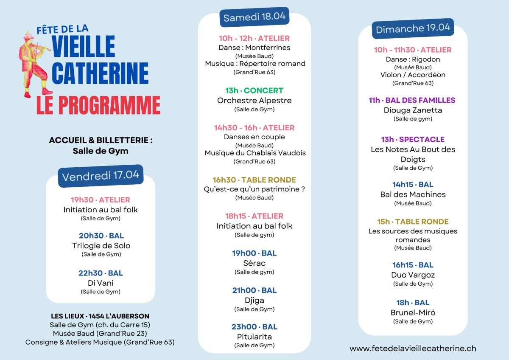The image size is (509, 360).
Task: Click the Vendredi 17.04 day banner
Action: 101,176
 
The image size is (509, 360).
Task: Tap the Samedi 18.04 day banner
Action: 255,17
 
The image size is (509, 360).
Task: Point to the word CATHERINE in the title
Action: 100,73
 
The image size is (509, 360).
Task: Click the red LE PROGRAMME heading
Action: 98,105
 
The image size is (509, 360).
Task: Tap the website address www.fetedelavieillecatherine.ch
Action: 413,348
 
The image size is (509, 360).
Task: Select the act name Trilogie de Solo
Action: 101,245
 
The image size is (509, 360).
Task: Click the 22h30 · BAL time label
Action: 101,273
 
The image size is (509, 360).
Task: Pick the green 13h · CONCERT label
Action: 254,90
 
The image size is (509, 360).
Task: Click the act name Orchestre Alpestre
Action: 254,101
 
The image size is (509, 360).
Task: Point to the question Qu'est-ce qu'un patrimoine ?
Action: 254,189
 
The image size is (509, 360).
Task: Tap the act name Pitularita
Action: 254,337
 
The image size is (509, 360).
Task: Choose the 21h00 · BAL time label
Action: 254,290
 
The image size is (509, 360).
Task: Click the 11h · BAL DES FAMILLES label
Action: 412,100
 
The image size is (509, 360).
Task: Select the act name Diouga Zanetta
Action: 413,110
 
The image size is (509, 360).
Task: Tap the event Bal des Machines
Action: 413,194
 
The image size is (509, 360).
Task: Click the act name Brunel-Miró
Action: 413,313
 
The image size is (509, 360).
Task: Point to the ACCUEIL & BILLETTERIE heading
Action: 101,140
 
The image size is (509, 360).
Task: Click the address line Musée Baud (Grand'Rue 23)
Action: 100,333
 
